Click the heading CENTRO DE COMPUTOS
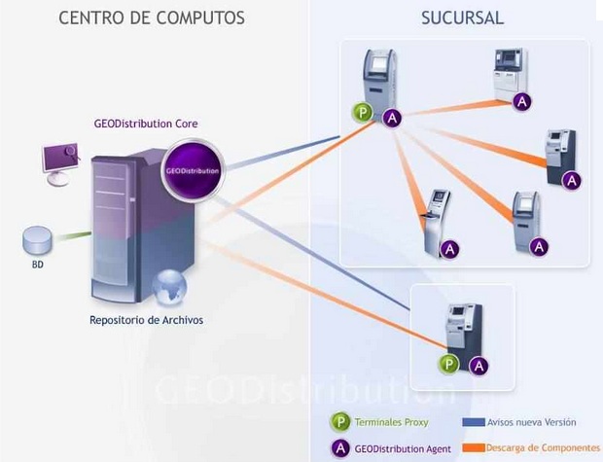click(x=152, y=18)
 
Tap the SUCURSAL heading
click(x=462, y=18)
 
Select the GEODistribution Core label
click(x=146, y=124)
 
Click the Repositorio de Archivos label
click(x=147, y=319)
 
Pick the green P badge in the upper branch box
click(x=363, y=114)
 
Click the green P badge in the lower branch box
click(x=449, y=365)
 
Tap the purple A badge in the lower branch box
click(x=478, y=366)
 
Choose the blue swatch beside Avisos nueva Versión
click(x=472, y=423)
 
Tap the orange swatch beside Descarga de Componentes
click(x=472, y=448)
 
